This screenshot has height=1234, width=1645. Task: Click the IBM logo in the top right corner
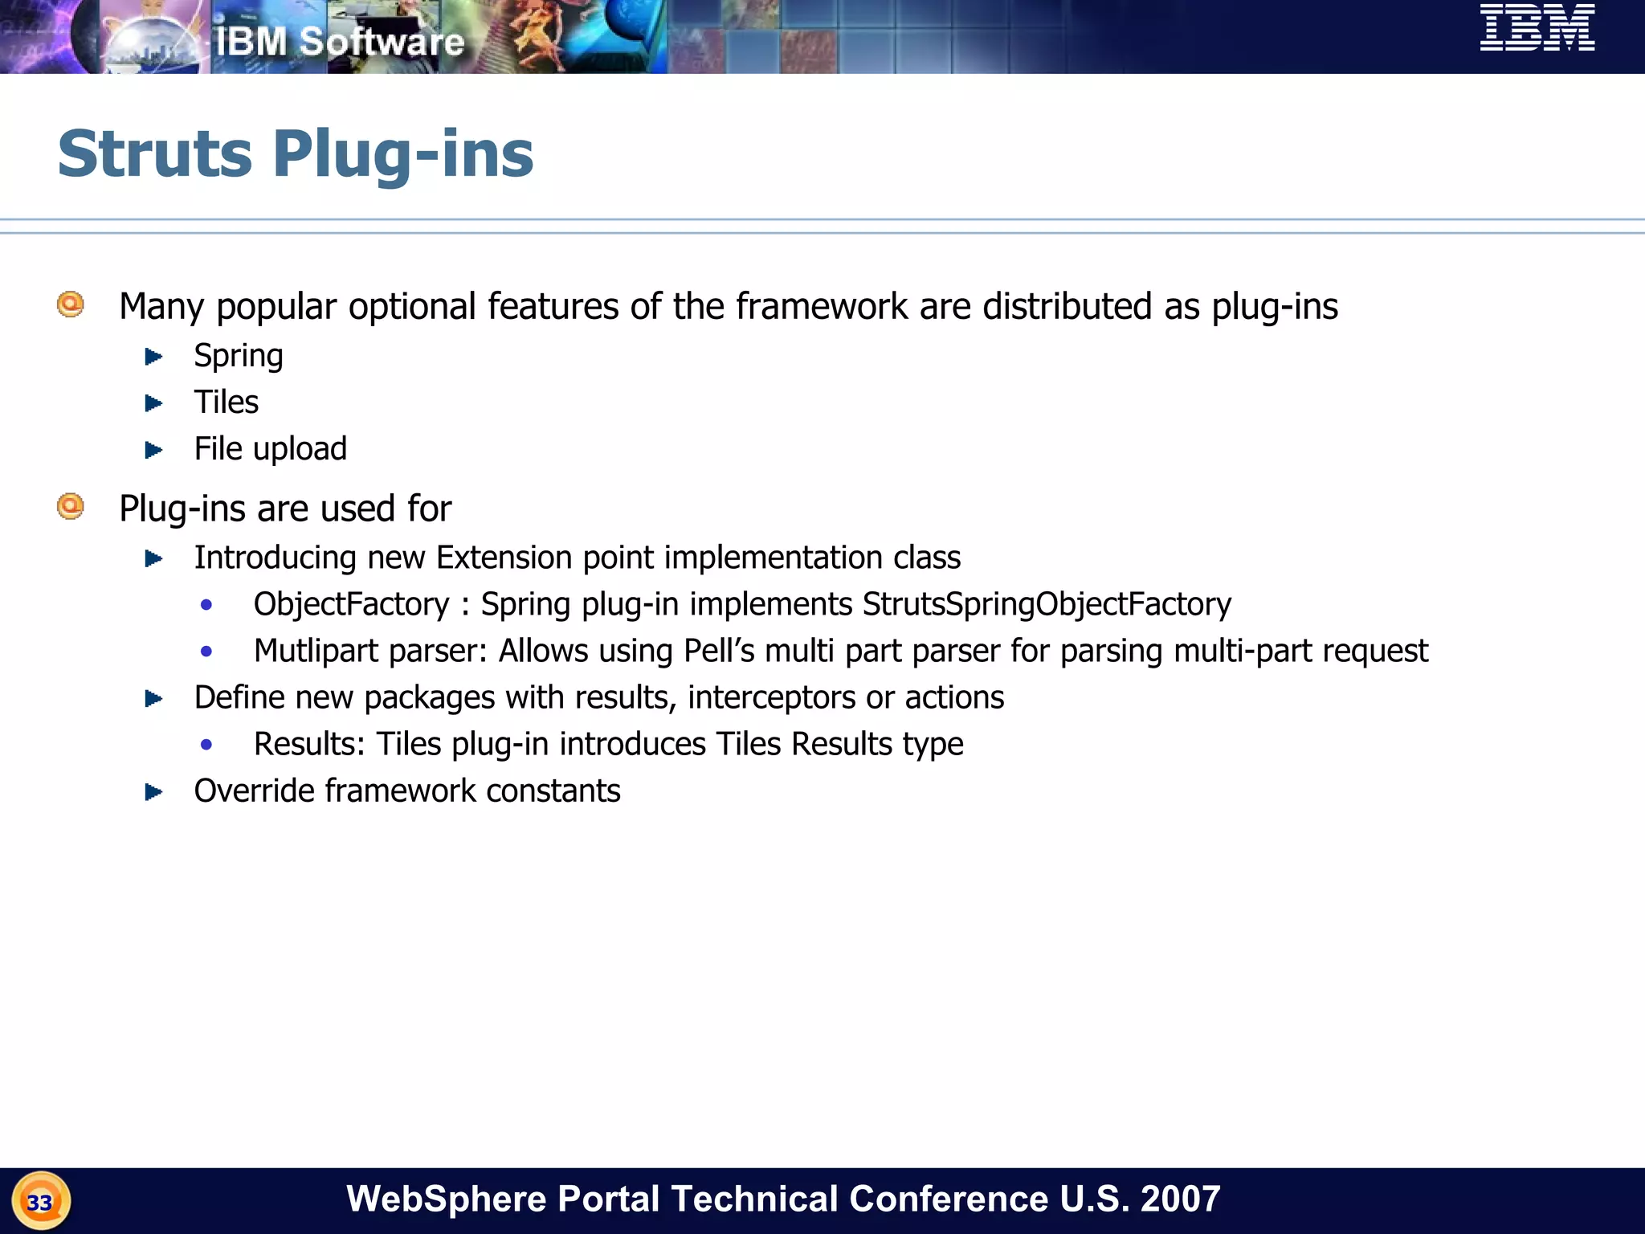point(1537,28)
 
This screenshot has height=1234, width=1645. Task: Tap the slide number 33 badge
point(40,1202)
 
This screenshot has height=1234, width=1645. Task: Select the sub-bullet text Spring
point(239,356)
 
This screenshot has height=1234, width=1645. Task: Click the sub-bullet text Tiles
point(227,402)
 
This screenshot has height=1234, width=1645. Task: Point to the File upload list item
point(271,449)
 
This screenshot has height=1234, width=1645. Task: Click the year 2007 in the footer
point(1180,1199)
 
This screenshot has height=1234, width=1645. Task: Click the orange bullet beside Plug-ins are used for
point(71,506)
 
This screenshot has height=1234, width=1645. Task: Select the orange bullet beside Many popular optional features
point(71,304)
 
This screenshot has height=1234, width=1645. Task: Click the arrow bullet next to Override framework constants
point(153,792)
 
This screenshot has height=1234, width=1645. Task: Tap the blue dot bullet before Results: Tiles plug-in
point(206,745)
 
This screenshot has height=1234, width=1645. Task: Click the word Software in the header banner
point(382,42)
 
